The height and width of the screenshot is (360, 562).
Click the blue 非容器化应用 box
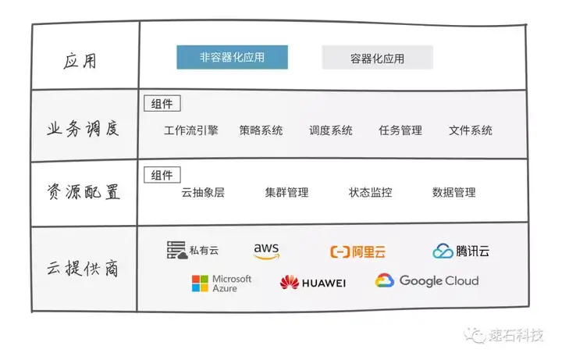point(233,57)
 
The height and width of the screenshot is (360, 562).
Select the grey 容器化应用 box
point(378,57)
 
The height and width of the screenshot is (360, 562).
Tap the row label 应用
point(80,61)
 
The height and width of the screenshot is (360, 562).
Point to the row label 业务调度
point(83,128)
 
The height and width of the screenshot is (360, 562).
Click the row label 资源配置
point(84,191)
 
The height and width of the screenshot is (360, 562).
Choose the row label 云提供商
point(83,268)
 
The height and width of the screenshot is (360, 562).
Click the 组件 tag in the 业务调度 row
point(162,104)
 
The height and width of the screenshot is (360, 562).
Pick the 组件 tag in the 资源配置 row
point(162,175)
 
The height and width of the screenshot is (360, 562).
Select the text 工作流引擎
point(191,130)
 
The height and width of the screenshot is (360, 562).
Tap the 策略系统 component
point(261,130)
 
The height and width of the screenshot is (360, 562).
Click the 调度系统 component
point(331,130)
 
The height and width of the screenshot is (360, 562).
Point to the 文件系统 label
point(471,130)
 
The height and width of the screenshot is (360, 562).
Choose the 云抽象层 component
point(203,193)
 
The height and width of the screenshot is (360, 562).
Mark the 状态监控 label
point(370,193)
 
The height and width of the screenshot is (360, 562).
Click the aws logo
point(266,251)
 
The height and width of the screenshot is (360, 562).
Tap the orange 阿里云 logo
point(357,251)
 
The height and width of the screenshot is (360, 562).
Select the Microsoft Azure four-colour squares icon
point(200,283)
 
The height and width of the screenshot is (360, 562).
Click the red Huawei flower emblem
point(290,282)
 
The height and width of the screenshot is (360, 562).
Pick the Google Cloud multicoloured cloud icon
point(385,280)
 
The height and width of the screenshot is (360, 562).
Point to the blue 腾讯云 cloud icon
point(443,251)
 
